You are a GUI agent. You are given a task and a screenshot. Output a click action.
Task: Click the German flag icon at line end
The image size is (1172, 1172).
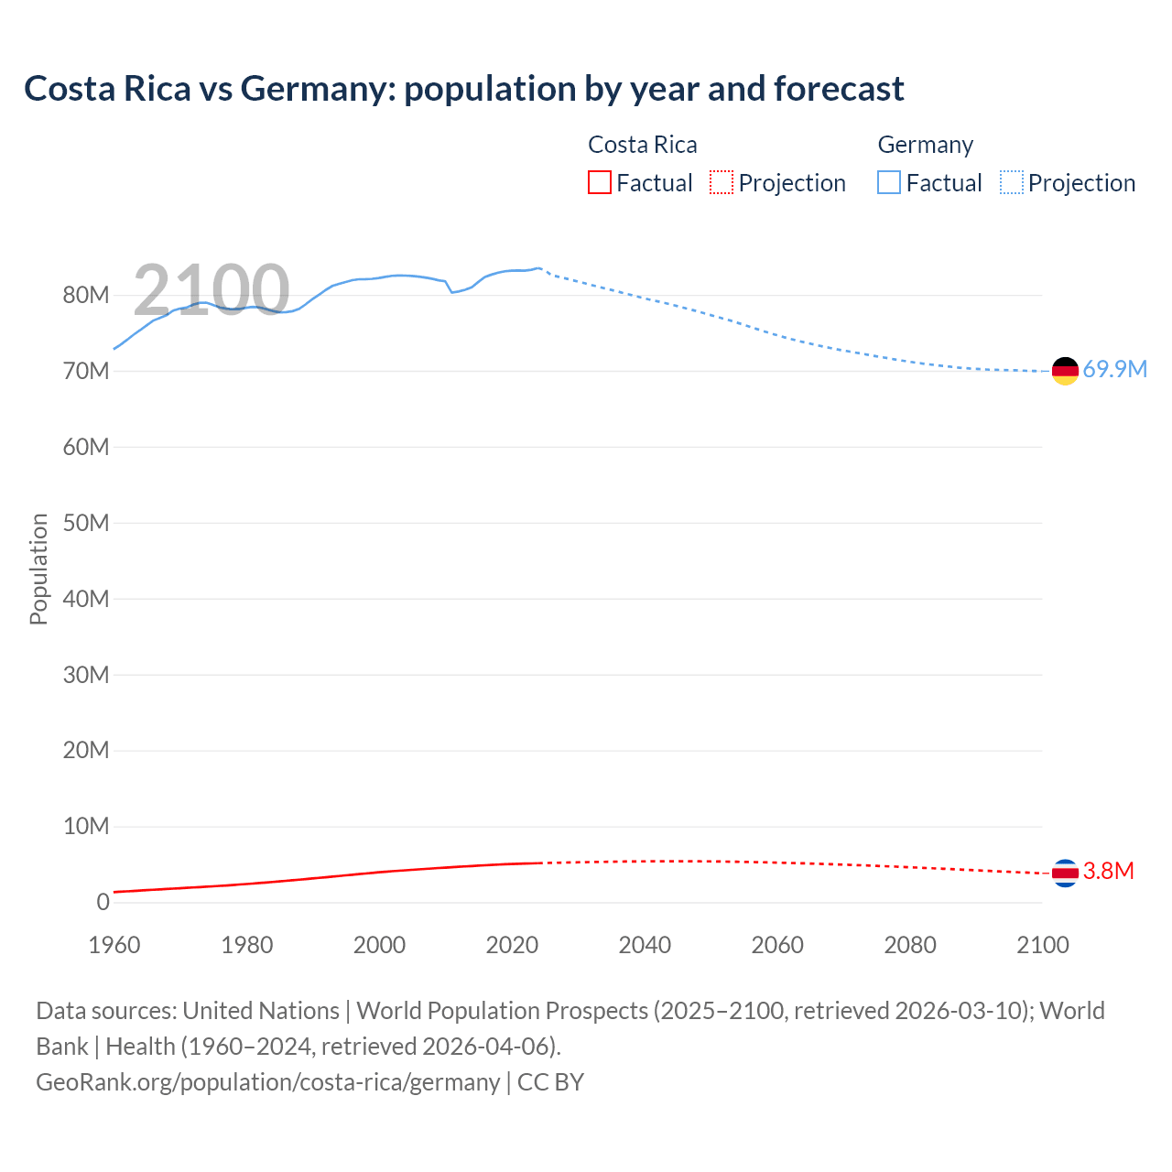[1065, 371]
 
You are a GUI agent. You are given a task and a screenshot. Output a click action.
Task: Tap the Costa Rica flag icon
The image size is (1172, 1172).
[1065, 874]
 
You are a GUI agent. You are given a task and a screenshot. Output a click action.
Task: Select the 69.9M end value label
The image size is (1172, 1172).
[1114, 370]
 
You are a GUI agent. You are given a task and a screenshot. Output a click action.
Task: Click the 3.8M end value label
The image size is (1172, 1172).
[1108, 872]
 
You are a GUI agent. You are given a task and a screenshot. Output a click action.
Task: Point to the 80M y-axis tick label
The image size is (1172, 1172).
[86, 296]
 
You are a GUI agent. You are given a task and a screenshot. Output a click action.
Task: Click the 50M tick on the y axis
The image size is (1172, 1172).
[86, 524]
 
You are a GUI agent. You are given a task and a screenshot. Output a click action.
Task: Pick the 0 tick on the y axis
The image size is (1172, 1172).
[103, 903]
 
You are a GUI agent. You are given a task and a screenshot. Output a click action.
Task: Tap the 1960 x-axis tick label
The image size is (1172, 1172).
[114, 946]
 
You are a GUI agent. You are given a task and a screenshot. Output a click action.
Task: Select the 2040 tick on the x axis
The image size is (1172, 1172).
[645, 946]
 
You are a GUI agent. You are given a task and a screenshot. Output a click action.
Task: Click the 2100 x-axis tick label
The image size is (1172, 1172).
[1042, 946]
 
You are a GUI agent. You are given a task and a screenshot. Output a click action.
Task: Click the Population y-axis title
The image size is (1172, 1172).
[38, 570]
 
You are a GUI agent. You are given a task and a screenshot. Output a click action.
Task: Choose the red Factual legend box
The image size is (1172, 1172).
[599, 183]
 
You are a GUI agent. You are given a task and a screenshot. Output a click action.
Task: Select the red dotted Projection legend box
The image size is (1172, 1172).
[722, 183]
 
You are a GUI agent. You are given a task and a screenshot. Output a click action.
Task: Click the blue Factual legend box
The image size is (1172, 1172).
[889, 183]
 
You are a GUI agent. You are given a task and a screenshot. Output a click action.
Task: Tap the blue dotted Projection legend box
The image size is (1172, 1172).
[1012, 183]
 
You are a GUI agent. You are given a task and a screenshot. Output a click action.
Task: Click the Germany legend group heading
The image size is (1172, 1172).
[925, 146]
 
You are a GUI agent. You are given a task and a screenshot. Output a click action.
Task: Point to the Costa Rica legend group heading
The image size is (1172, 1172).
[642, 146]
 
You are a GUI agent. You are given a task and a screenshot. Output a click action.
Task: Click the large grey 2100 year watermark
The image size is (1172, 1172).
[212, 290]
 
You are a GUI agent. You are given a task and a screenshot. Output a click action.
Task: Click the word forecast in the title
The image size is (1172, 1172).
[839, 89]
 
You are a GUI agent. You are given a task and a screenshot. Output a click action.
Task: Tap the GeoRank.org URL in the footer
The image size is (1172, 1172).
[267, 1082]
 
